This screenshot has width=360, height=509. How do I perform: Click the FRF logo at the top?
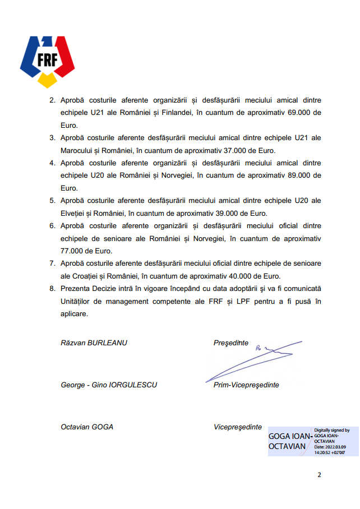tap(47, 60)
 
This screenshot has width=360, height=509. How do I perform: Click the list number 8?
tap(52, 289)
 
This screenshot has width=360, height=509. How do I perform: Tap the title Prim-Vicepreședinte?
tap(246, 385)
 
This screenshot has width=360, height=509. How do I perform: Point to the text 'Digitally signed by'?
tap(331, 430)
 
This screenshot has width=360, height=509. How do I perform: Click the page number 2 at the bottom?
tap(319, 475)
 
